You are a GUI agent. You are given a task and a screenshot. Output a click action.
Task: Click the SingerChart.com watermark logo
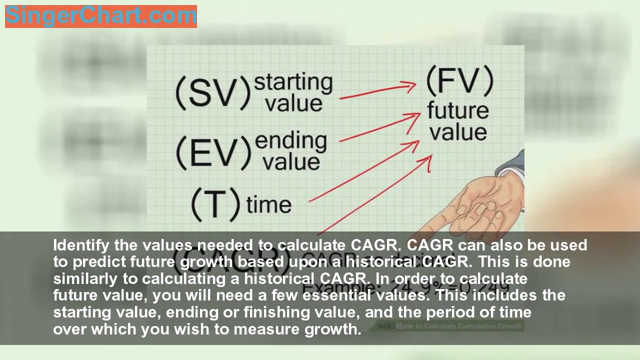point(100,16)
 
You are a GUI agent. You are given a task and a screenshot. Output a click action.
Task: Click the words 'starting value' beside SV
point(293,93)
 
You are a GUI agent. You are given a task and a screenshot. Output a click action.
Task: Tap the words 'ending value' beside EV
point(291,151)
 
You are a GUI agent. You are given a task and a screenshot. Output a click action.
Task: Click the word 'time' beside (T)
point(268,205)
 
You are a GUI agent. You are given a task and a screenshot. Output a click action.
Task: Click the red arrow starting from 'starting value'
point(377,91)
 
